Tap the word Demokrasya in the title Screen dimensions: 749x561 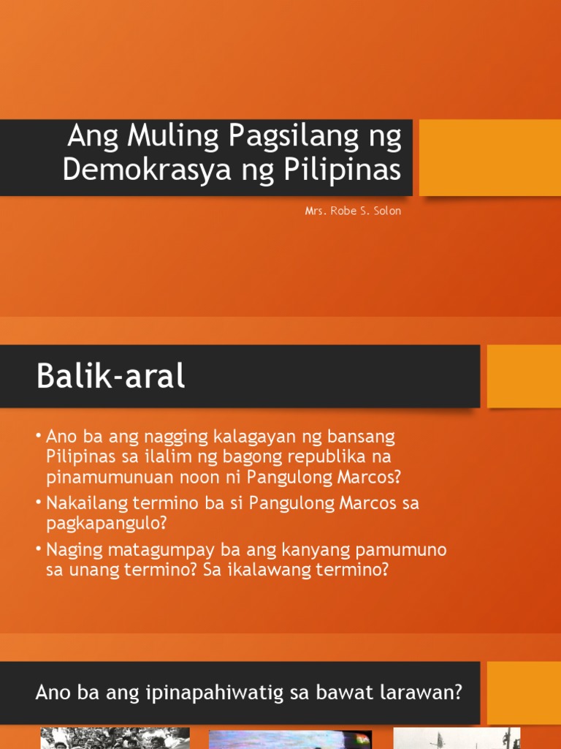pos(138,170)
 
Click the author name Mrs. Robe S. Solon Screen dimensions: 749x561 pos(353,211)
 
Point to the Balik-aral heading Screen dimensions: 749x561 pos(110,377)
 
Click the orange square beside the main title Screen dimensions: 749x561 pos(489,157)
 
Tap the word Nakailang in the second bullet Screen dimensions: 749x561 pos(87,504)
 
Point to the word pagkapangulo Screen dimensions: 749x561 pos(102,524)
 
